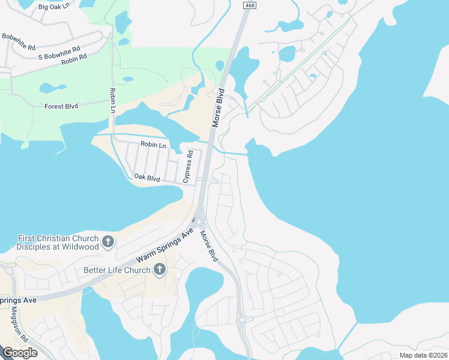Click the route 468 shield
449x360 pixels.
(248, 5)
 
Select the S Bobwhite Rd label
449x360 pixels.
(58, 53)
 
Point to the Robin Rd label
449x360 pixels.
(74, 59)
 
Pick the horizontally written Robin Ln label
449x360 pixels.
(153, 145)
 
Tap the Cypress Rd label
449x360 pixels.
(188, 166)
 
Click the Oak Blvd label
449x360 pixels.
(146, 178)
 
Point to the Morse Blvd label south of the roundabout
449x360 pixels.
(208, 246)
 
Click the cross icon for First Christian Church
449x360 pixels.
(108, 242)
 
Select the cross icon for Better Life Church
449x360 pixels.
(160, 269)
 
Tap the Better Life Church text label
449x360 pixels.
(117, 270)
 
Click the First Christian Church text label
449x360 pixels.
(58, 242)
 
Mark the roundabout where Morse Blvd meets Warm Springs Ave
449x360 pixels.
(199, 221)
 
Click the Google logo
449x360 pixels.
(19, 353)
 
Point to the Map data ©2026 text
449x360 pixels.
(423, 355)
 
